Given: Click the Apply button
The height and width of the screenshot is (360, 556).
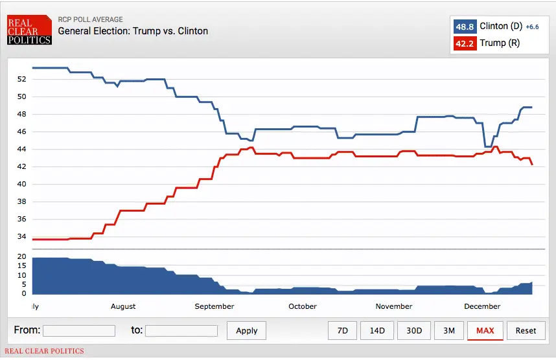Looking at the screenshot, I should pyautogui.click(x=247, y=330).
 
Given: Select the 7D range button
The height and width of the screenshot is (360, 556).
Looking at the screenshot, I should pyautogui.click(x=343, y=330).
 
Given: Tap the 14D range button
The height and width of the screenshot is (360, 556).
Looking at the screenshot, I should pyautogui.click(x=377, y=330).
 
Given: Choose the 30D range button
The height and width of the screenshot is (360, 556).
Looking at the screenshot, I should pyautogui.click(x=414, y=330).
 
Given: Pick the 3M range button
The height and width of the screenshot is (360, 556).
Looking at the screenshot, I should pyautogui.click(x=448, y=330).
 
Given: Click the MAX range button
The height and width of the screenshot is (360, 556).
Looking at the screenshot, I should pyautogui.click(x=485, y=330).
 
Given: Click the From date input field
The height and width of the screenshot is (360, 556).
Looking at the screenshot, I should pyautogui.click(x=79, y=331).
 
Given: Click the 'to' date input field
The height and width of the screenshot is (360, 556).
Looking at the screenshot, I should pyautogui.click(x=181, y=331).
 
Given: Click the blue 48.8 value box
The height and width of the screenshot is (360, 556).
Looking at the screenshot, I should pyautogui.click(x=465, y=27).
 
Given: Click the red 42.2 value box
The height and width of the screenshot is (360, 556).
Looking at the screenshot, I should pyautogui.click(x=465, y=43).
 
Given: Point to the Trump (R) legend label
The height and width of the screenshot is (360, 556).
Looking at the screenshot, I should pyautogui.click(x=500, y=43).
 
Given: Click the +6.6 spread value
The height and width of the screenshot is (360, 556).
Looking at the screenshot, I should pyautogui.click(x=532, y=27).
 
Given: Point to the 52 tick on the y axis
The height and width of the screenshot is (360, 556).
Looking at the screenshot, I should pyautogui.click(x=22, y=79).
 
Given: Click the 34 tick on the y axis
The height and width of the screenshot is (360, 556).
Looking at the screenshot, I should pyautogui.click(x=22, y=236).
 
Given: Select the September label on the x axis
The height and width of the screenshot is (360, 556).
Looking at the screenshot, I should pyautogui.click(x=214, y=306).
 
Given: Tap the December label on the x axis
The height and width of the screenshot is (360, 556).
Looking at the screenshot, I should pyautogui.click(x=482, y=306).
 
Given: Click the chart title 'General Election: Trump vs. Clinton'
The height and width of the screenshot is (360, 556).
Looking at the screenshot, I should pyautogui.click(x=133, y=30).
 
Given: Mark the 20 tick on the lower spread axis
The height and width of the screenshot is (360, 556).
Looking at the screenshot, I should pyautogui.click(x=22, y=257).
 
